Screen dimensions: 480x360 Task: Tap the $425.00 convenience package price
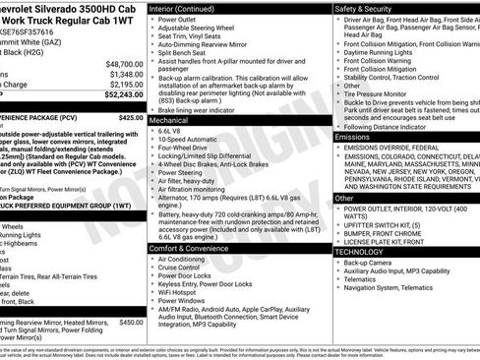(x=130, y=116)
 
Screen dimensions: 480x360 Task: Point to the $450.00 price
(x=130, y=321)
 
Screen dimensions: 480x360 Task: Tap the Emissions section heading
(x=353, y=137)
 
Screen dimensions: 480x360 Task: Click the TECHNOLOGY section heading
(x=359, y=251)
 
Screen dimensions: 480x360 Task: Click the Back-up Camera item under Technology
(x=370, y=263)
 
